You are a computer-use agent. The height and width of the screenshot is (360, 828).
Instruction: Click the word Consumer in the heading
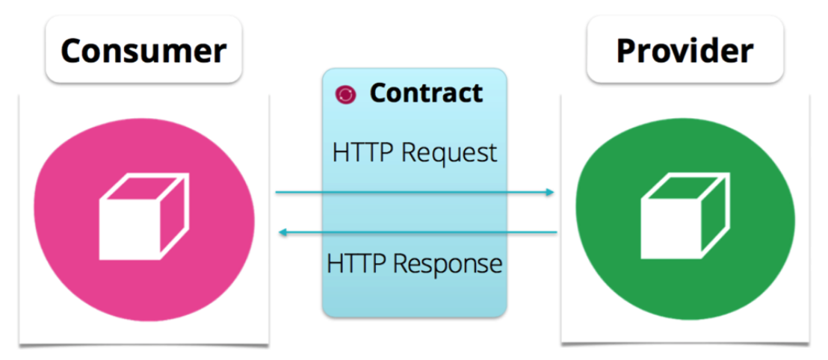143,51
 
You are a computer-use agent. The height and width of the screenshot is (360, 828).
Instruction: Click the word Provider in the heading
685,51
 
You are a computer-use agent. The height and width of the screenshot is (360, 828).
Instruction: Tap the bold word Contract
426,93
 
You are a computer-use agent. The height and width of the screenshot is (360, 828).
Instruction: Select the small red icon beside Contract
346,94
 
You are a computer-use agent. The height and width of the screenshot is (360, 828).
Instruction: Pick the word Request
449,153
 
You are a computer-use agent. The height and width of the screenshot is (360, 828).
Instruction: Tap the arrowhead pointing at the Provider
551,193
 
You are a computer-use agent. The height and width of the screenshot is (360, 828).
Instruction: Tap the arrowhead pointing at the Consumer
282,233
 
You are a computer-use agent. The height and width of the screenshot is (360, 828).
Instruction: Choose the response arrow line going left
418,233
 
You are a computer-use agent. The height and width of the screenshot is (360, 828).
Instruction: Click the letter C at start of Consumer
72,51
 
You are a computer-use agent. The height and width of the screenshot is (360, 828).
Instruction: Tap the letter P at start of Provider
626,51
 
